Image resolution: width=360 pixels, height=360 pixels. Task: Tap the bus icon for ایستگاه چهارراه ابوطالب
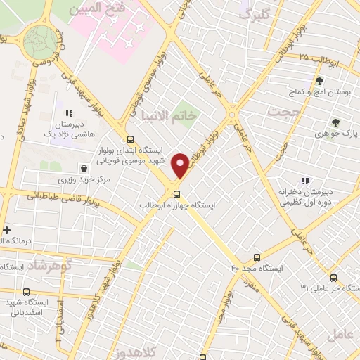pos(176,193)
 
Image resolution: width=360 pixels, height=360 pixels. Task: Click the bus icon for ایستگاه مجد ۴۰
pos(257,258)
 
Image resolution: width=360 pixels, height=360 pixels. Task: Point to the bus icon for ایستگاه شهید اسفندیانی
pos(27,292)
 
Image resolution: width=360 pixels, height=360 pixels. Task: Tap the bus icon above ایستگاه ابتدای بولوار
pos(131,139)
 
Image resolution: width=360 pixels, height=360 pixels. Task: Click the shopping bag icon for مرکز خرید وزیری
pos(84,169)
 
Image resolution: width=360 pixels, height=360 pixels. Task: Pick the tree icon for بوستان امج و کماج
pos(320,82)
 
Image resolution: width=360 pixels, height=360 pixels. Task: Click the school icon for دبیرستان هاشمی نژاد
pos(69,112)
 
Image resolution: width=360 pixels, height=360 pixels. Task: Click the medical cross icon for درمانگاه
pos(7,230)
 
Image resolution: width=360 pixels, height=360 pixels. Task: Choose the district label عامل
pos(344,336)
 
